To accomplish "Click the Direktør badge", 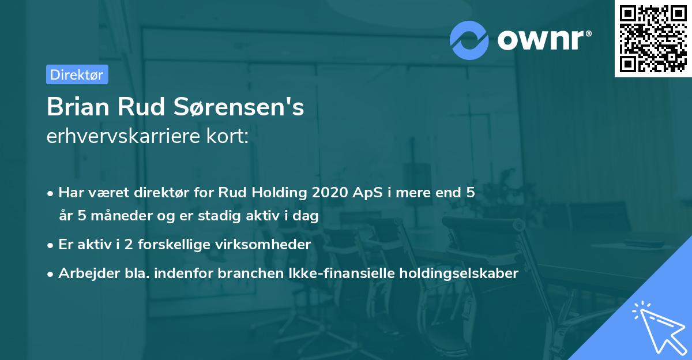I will (x=77, y=74).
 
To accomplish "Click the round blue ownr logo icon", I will (x=469, y=39).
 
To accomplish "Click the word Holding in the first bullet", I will (x=278, y=193).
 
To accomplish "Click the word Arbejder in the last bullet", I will (x=84, y=273).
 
